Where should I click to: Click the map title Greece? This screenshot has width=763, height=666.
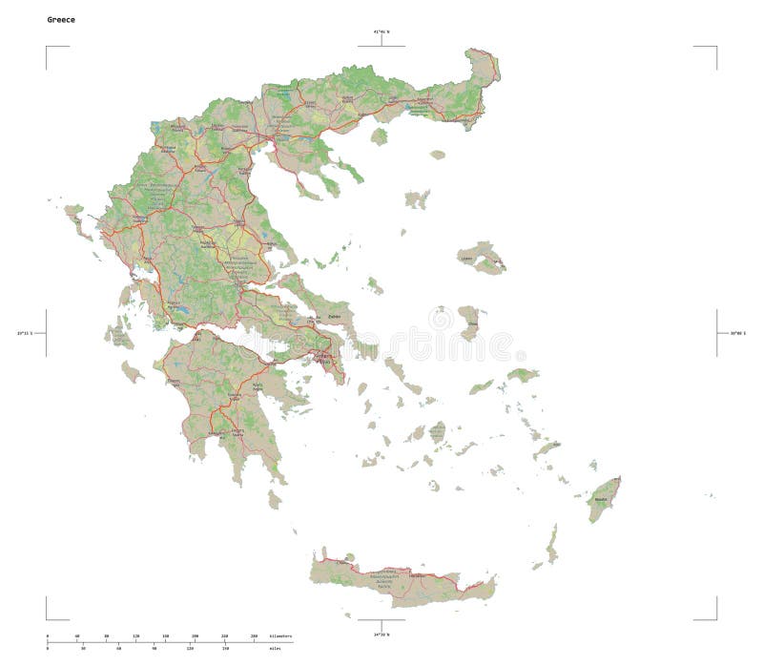pos(61,19)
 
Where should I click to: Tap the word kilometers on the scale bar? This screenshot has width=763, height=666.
pos(280,635)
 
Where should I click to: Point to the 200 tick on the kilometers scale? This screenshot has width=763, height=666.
pos(195,635)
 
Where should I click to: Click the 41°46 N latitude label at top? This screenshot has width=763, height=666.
pos(381,32)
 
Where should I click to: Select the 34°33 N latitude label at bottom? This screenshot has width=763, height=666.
pos(380,634)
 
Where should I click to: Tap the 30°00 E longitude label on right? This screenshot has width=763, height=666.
pos(738,333)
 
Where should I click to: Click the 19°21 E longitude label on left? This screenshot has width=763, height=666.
pos(25,333)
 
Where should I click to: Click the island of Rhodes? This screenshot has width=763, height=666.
pos(604,498)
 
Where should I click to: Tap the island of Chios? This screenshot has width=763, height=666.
pos(468,322)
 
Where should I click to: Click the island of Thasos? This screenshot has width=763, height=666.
pos(380,136)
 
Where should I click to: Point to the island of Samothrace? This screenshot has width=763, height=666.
pos(438,154)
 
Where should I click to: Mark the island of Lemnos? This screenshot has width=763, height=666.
pos(417,198)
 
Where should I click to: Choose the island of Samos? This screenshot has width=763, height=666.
pos(523,375)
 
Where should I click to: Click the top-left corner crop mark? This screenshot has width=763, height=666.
pos(46,46)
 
